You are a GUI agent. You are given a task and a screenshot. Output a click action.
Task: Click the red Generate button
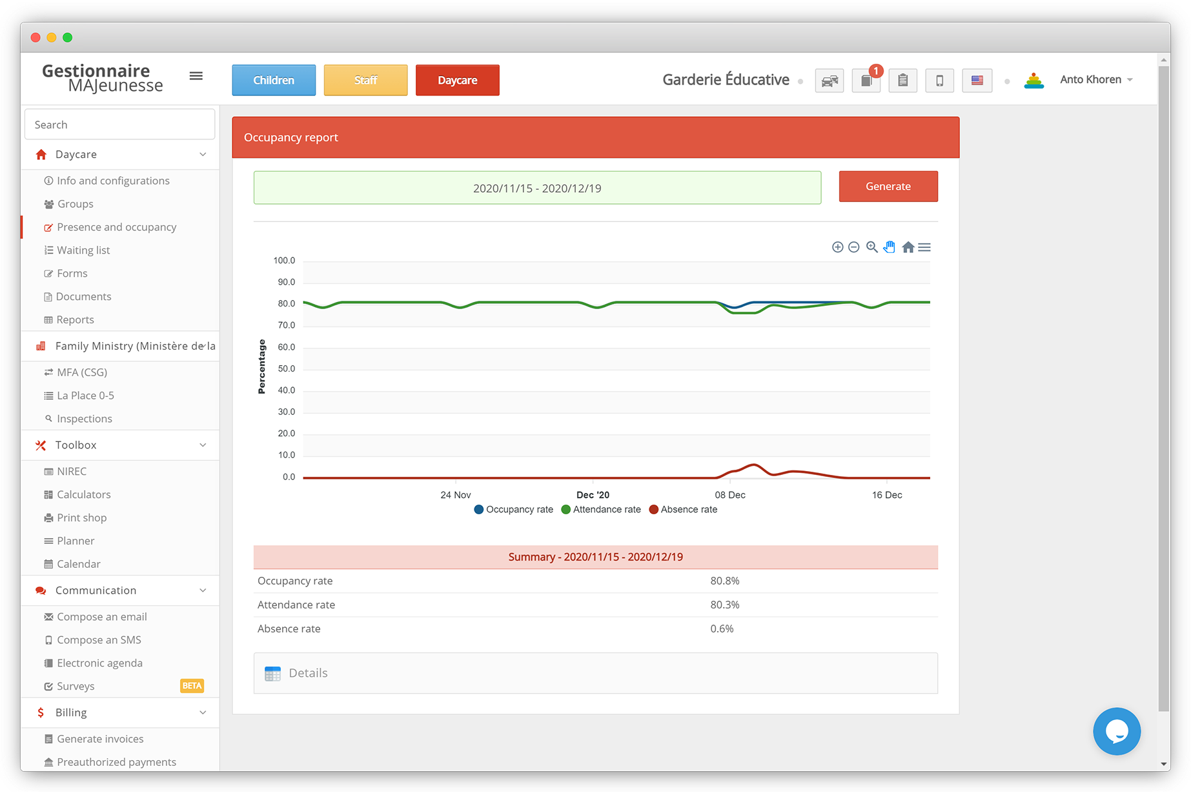click(888, 186)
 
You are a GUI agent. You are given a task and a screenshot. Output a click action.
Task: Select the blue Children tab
click(274, 80)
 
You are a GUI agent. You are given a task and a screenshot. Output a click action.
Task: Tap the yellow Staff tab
click(365, 80)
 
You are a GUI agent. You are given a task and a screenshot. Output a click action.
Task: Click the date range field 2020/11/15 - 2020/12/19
click(537, 188)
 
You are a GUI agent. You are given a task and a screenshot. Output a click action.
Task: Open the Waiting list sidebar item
click(83, 250)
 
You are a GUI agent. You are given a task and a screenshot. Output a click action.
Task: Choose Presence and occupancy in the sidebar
click(116, 227)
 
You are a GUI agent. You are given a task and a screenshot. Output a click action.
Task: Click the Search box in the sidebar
click(119, 125)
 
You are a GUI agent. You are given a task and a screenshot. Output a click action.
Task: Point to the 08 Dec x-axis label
click(729, 495)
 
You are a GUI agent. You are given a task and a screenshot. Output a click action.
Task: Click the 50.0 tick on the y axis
click(286, 368)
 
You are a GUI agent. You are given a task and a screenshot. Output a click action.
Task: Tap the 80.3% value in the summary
click(724, 605)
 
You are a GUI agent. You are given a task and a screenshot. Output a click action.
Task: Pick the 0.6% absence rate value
click(722, 628)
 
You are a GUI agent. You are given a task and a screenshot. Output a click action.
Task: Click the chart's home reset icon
click(908, 247)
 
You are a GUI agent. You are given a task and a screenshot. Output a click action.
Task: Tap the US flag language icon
click(977, 81)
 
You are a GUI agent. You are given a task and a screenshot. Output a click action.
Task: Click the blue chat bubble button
click(1116, 731)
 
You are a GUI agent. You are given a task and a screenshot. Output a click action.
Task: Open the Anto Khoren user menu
click(1096, 80)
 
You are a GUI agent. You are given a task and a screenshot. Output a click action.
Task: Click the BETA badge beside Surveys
click(192, 686)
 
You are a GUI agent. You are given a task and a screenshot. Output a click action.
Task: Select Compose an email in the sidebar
click(101, 617)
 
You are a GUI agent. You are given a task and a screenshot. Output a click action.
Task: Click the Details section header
click(308, 673)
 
